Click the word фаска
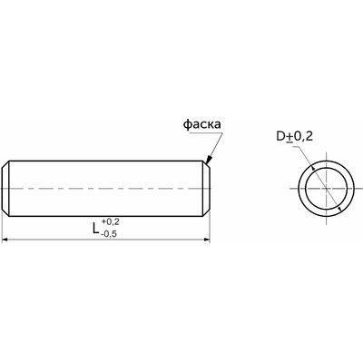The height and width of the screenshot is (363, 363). point(202,124)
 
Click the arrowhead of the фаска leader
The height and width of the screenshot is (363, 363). point(209,159)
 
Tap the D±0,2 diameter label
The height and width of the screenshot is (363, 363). point(294,137)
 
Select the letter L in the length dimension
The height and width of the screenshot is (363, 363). point(96,228)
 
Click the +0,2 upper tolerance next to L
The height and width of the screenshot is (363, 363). point(111,222)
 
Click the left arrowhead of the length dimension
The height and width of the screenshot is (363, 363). point(5,240)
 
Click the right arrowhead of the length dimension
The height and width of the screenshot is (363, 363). point(207,240)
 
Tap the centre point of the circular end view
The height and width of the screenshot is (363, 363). point(326,189)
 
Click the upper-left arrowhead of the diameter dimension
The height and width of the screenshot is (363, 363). point(313,168)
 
